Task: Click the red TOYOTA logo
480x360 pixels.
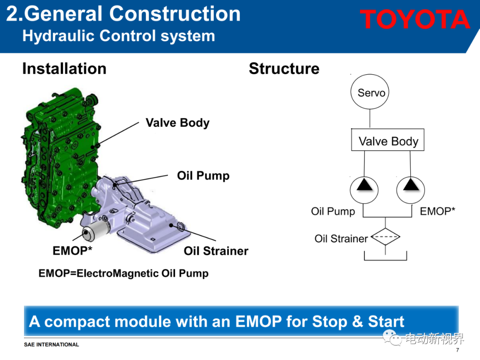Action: pyautogui.click(x=415, y=19)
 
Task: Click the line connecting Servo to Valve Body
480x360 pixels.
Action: pyautogui.click(x=370, y=119)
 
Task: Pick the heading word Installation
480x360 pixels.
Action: pyautogui.click(x=64, y=68)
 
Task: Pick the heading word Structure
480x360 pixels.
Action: pyautogui.click(x=284, y=68)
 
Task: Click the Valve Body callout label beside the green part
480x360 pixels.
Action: pyautogui.click(x=177, y=123)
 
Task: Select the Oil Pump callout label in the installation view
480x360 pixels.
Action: pyautogui.click(x=203, y=176)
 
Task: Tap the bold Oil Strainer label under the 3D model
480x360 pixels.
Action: pyautogui.click(x=216, y=251)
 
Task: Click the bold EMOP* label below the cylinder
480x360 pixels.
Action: pyautogui.click(x=72, y=251)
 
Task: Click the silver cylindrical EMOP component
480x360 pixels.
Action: pyautogui.click(x=95, y=230)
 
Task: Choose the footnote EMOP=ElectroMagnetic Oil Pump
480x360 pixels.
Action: pyautogui.click(x=124, y=273)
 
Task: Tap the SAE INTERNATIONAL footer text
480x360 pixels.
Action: pyautogui.click(x=52, y=345)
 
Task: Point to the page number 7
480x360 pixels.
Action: pyautogui.click(x=458, y=350)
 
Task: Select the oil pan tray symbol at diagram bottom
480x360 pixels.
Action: pyautogui.click(x=385, y=260)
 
